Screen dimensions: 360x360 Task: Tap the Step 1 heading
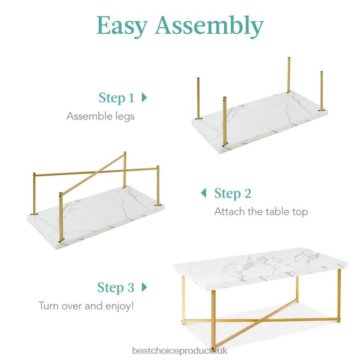tap(116, 98)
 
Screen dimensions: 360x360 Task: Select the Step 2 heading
tap(233, 193)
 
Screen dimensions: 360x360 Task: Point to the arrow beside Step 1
tap(144, 97)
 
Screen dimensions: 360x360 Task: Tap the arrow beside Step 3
tap(144, 287)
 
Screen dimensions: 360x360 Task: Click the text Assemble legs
tap(101, 116)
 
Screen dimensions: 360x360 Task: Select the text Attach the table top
tap(261, 212)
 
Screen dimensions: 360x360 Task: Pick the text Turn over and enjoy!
tap(86, 306)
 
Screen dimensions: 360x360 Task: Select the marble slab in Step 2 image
tap(102, 222)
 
